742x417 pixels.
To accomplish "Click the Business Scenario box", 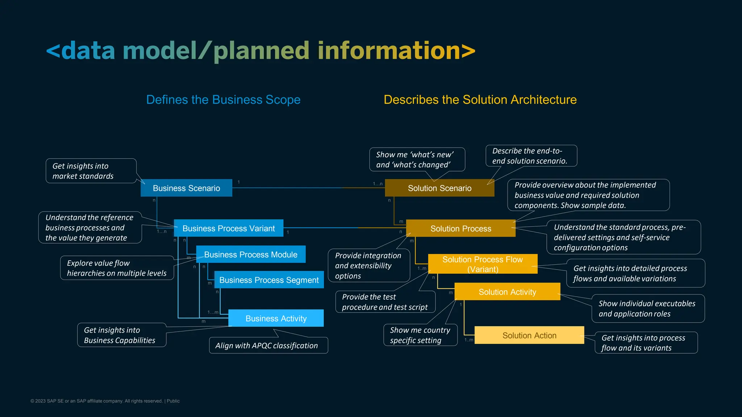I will [x=186, y=188].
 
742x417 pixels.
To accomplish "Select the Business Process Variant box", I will [x=228, y=228].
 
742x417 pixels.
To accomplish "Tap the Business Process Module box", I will [x=250, y=254].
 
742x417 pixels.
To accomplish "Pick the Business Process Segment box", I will [x=269, y=280].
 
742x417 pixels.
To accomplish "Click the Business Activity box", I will [x=276, y=318].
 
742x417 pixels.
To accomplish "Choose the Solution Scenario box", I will [x=439, y=188].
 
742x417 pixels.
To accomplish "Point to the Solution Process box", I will [x=460, y=228].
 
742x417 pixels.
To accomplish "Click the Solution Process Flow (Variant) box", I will [x=482, y=264].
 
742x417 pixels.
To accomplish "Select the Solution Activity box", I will [x=507, y=292].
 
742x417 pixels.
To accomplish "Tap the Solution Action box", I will [x=529, y=335].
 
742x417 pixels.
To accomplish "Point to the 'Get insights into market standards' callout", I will [x=91, y=171].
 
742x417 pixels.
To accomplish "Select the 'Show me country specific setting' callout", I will [x=420, y=335].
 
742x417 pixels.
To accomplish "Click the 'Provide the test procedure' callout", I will [x=385, y=302].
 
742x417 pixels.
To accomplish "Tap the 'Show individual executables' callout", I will [x=647, y=308].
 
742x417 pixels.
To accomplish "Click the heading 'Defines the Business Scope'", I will [x=223, y=100].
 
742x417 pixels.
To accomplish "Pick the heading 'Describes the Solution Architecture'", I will [x=480, y=100].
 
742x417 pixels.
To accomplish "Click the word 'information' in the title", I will [x=389, y=50].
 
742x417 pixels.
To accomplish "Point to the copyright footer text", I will [x=105, y=401].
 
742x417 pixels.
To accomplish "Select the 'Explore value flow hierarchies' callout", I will [x=117, y=268].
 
